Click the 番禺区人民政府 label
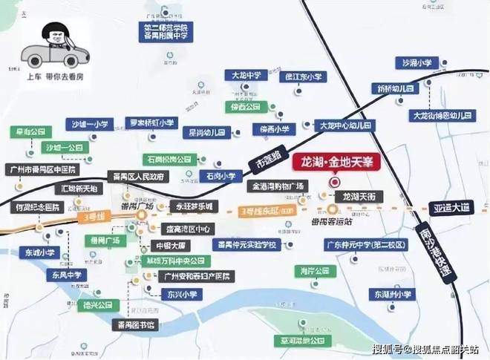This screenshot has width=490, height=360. pyautogui.click(x=138, y=177)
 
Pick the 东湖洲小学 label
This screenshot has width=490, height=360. pyautogui.click(x=393, y=295)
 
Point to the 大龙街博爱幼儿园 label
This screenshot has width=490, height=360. pyautogui.click(x=442, y=117)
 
